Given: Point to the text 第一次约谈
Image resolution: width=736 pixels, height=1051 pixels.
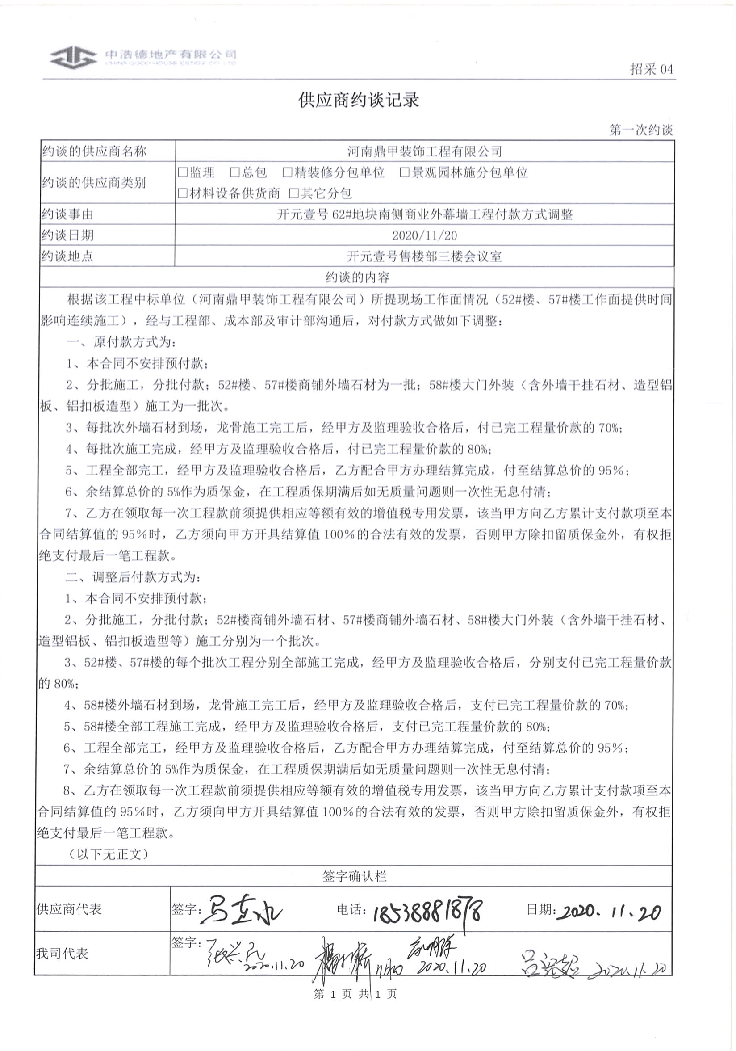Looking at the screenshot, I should click(640, 130).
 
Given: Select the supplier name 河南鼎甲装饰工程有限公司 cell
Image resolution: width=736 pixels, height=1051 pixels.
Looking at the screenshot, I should click(424, 151).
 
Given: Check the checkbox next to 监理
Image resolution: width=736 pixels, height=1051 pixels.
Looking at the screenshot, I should click(183, 172).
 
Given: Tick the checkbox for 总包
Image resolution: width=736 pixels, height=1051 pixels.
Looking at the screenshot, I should click(235, 172).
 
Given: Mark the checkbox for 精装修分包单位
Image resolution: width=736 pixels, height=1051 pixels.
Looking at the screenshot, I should click(287, 172).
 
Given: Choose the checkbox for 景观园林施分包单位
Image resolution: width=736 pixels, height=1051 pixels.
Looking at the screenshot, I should click(404, 172).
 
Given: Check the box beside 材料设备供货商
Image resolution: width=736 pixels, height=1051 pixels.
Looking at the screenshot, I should click(183, 193).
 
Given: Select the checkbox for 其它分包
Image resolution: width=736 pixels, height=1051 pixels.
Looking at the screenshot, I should click(294, 193).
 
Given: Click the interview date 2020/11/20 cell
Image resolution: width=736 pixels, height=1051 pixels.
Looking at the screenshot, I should click(424, 235).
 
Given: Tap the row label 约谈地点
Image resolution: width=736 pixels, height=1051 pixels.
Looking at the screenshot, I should click(68, 256).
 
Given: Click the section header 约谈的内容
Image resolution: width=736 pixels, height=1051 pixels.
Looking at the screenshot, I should click(357, 277).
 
